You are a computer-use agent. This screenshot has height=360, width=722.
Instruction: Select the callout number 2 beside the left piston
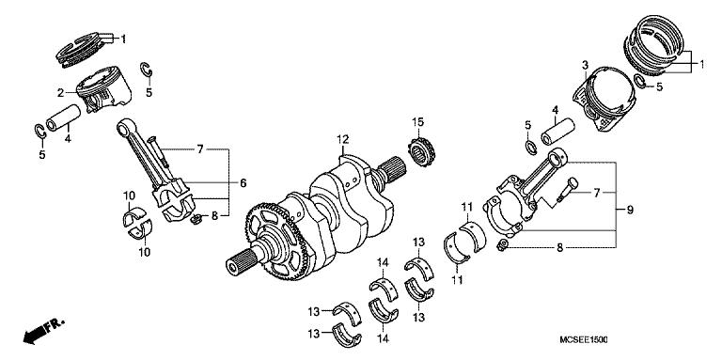point(59,92)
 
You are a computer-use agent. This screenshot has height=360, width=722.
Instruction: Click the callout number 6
point(243,182)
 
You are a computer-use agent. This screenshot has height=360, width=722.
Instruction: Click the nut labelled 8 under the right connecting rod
point(504,245)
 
